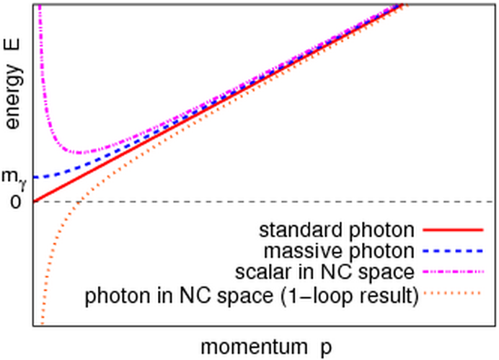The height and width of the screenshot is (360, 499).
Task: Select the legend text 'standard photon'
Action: pos(337,231)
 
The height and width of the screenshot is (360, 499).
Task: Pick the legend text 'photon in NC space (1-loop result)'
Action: pos(252,296)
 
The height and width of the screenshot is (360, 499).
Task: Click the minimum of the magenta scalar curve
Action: pos(81,153)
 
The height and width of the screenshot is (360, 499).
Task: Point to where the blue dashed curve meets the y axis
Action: pos(34,177)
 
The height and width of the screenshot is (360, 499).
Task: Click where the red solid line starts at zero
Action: pos(34,201)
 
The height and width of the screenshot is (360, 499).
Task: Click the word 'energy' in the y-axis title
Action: pos(14,101)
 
